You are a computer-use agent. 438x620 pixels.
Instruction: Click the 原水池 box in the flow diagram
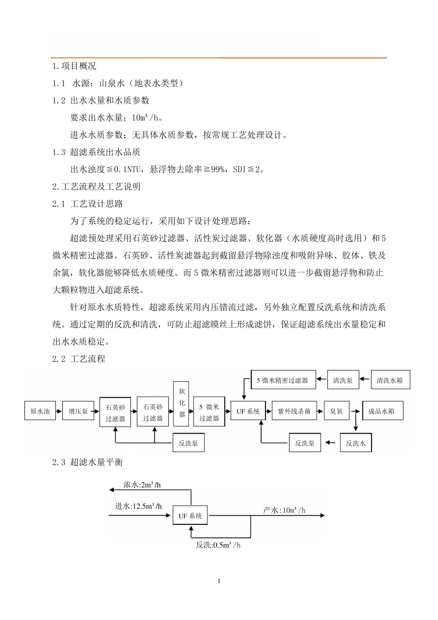[40, 411]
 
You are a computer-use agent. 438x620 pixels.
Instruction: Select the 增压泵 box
[78, 411]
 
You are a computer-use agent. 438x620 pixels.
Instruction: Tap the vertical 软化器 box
[182, 402]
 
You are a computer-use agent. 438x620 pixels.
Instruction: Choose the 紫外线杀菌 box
[294, 411]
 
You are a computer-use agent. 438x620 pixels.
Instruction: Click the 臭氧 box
[337, 411]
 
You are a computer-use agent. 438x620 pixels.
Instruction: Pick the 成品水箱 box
[382, 411]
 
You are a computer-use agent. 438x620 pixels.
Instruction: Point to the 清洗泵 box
[343, 381]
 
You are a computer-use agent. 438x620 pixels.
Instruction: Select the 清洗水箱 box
[390, 381]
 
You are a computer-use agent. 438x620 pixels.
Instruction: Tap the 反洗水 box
[355, 443]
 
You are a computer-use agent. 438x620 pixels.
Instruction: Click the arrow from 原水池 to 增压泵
[59, 411]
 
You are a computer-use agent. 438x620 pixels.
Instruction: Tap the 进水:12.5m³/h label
[138, 506]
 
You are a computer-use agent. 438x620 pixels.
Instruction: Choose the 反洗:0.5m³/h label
[218, 545]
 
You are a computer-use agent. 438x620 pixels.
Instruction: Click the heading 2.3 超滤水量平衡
[88, 462]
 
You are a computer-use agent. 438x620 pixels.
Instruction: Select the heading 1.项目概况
[74, 66]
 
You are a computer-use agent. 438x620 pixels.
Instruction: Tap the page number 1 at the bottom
[219, 581]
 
